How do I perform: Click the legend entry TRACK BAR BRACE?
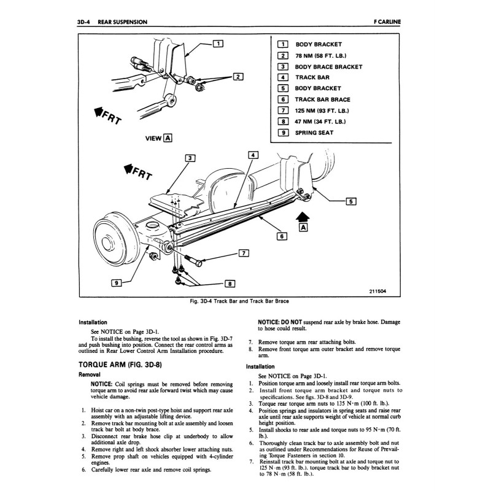pos(322,99)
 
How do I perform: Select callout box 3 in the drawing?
pos(191,158)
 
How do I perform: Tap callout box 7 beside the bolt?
pos(243,253)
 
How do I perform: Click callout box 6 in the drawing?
pos(282,235)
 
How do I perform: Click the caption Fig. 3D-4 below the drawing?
pos(240,301)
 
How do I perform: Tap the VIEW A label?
pos(158,137)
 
